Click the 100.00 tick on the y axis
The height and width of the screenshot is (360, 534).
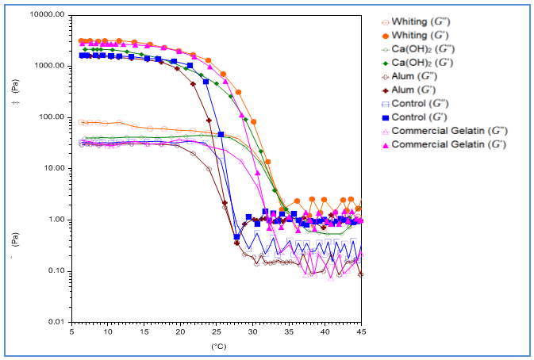pos(52,117)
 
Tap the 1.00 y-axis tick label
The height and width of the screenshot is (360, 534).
pos(56,220)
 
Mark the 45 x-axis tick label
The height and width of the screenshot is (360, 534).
pos(361,332)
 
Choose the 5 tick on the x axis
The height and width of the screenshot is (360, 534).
pos(72,332)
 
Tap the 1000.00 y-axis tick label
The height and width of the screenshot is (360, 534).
pos(50,67)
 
